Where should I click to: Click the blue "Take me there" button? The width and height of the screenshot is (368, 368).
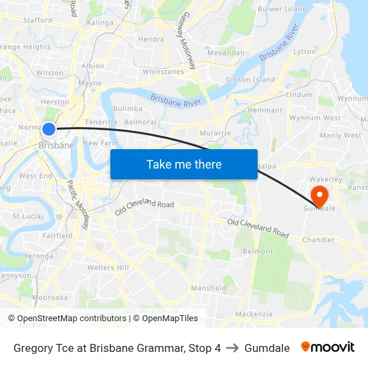click(184, 164)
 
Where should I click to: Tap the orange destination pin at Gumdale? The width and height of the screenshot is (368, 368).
click(319, 195)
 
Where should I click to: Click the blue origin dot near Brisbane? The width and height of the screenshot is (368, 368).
click(49, 128)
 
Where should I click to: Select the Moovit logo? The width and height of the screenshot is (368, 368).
click(328, 347)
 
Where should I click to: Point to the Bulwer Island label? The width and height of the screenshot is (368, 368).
click(282, 9)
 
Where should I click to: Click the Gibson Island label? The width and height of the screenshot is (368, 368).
click(250, 80)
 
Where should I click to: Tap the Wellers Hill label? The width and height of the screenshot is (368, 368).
click(108, 268)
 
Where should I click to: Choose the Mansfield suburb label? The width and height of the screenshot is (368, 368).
click(209, 288)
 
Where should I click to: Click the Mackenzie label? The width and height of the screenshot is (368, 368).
click(254, 314)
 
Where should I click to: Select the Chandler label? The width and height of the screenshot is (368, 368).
click(318, 240)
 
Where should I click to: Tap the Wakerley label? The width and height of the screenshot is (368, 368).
click(326, 179)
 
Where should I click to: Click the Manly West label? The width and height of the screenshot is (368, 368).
click(341, 135)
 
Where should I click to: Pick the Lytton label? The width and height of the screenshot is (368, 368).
click(304, 52)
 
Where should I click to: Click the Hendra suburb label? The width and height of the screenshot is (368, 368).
click(151, 39)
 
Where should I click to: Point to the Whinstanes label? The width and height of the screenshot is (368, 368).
click(163, 72)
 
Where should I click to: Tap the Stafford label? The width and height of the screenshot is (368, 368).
click(37, 21)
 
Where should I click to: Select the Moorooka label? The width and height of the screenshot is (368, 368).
click(50, 297)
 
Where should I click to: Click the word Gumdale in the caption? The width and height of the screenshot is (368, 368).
click(267, 348)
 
